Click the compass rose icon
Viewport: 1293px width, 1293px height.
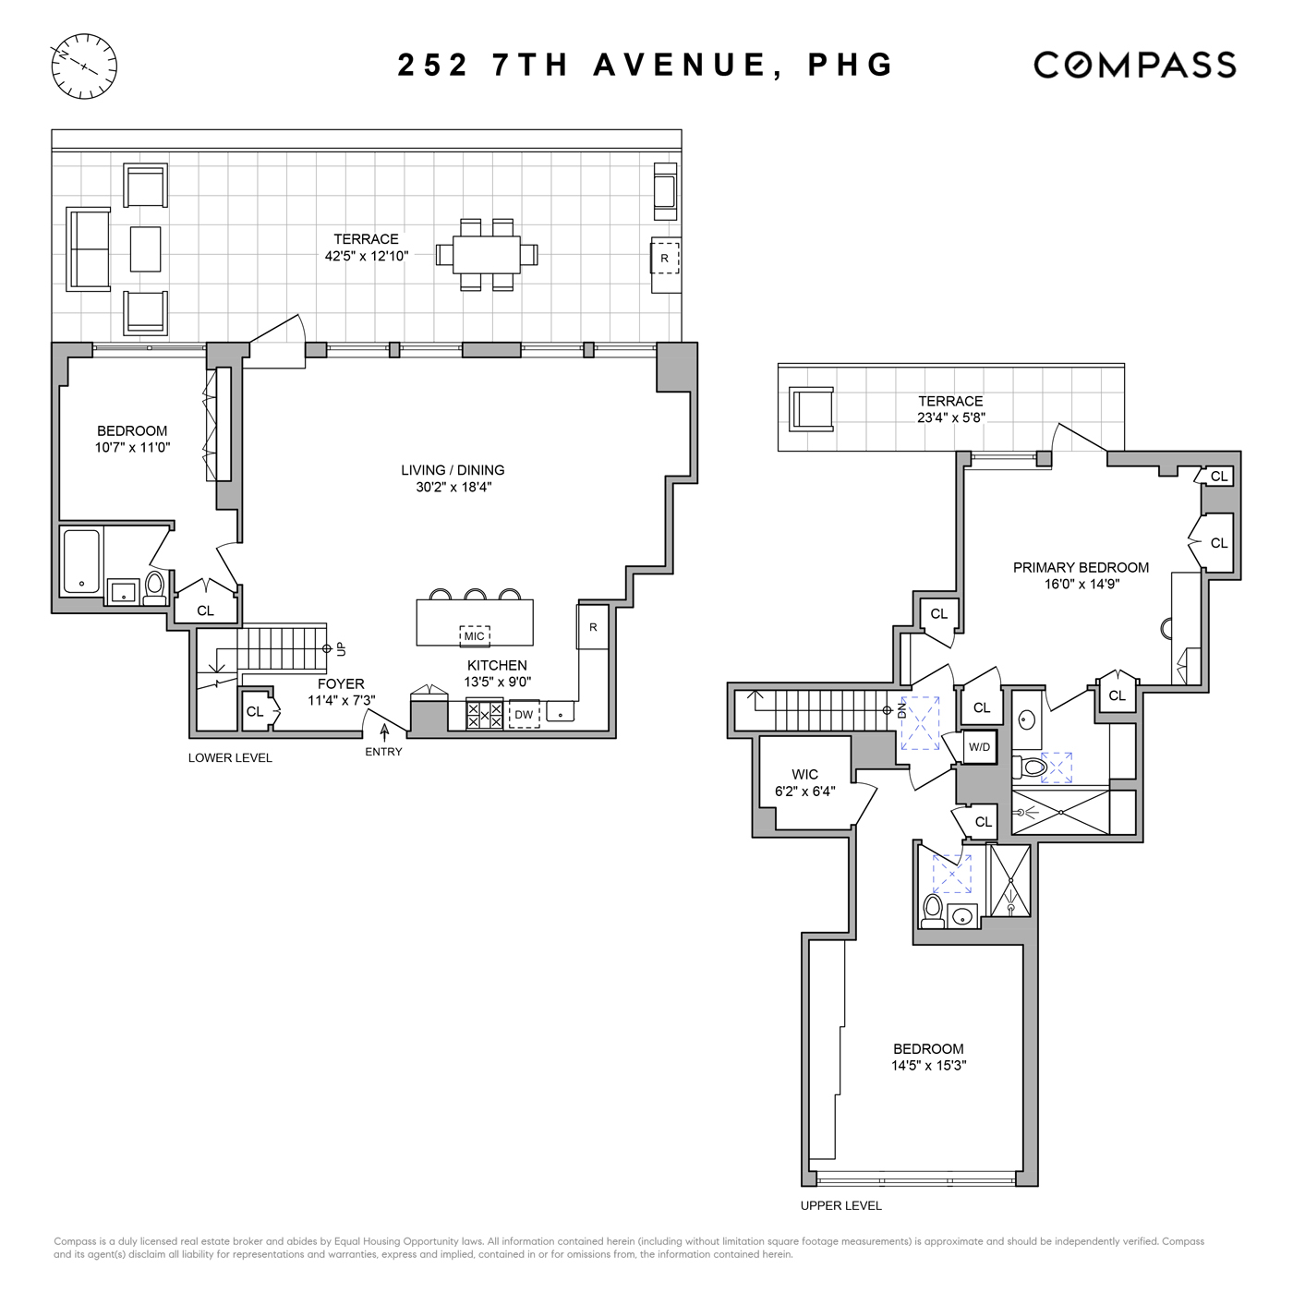pos(84,66)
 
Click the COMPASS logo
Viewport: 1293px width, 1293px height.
pos(1134,65)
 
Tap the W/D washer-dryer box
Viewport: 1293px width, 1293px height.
pos(979,747)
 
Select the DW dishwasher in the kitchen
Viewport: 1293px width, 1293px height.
pos(524,715)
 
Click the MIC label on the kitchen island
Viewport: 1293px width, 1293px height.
pos(474,636)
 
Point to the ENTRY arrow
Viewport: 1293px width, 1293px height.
pos(384,733)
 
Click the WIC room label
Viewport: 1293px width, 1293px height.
pos(804,775)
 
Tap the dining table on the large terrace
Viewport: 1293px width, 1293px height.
pos(487,255)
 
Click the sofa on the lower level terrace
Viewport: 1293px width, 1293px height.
pos(89,249)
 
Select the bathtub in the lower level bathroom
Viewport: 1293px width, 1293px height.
pos(81,561)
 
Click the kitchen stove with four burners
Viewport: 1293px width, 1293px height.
pos(484,715)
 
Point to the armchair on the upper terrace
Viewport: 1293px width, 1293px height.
pos(812,408)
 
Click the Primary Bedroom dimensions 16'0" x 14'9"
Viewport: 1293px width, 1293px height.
pos(1081,585)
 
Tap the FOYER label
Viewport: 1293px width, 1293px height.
pos(341,683)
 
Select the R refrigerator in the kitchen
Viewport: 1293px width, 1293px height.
pos(593,628)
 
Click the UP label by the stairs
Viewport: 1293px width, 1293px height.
pos(342,649)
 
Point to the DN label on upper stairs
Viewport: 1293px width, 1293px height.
pos(901,710)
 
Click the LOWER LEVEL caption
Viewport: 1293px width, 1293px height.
pos(230,758)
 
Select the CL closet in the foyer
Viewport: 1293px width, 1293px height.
pos(255,712)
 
